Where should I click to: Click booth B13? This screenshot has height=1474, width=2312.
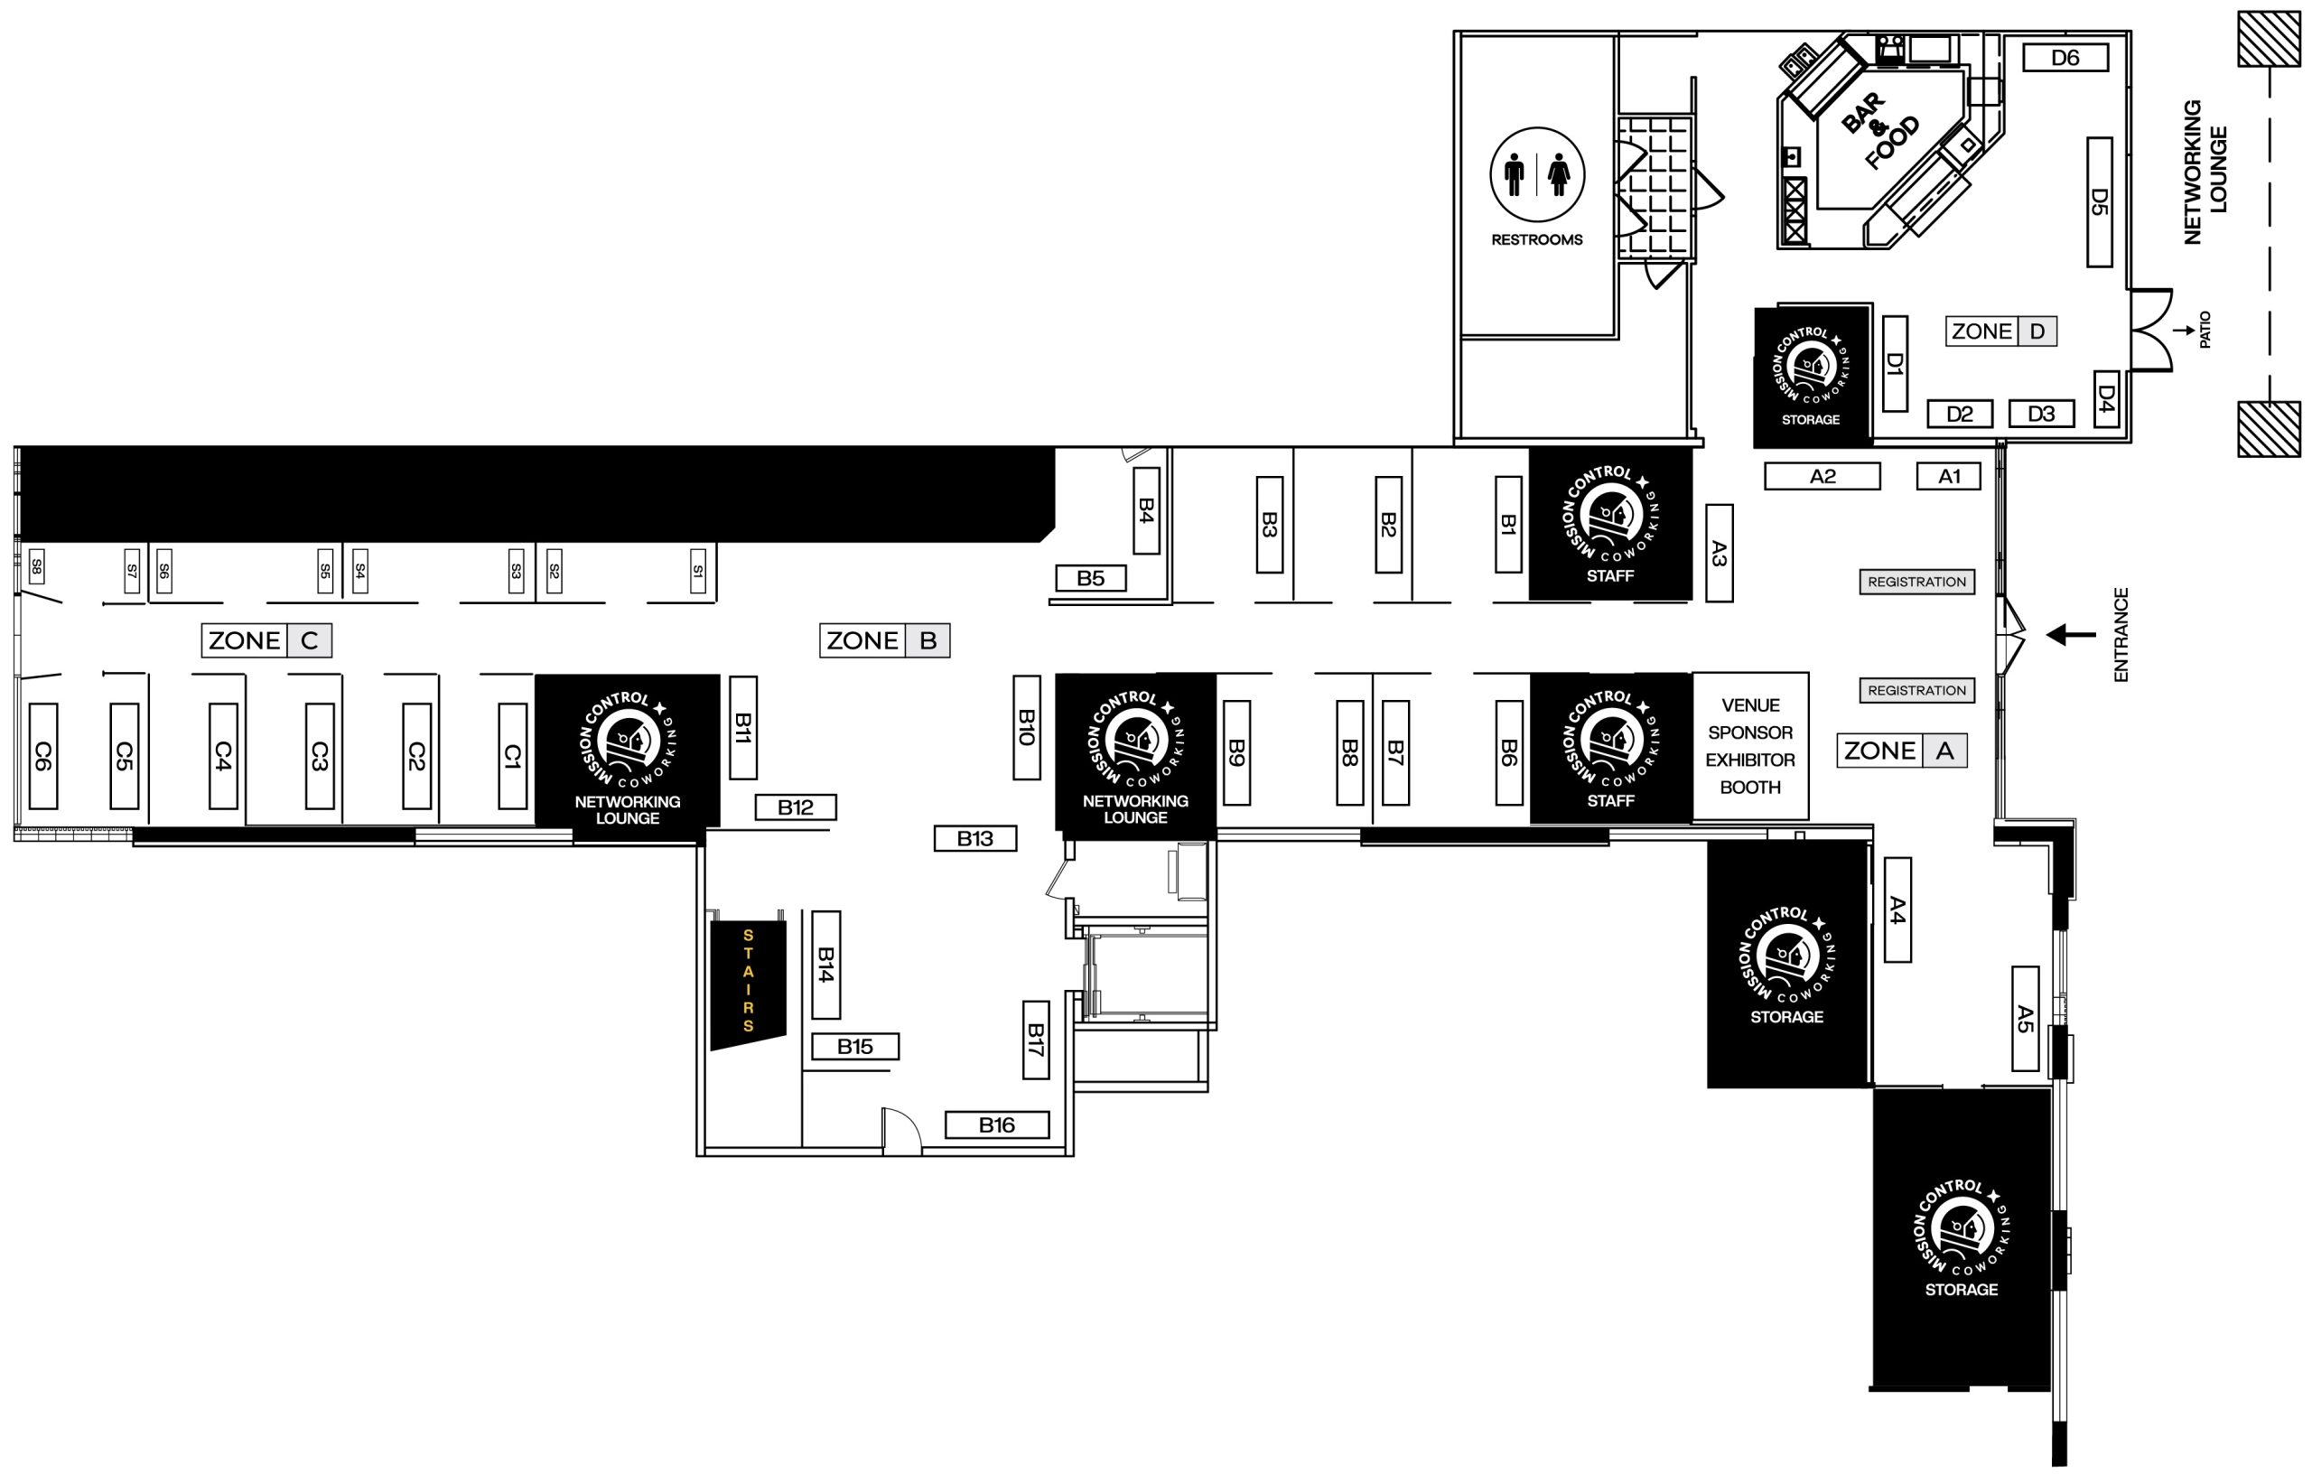[974, 838]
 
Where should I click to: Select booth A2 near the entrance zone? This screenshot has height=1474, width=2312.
[1822, 476]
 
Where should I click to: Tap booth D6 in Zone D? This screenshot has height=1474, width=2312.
[2065, 58]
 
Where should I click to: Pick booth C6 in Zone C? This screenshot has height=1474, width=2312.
[43, 756]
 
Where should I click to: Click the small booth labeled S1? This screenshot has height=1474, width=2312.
[698, 571]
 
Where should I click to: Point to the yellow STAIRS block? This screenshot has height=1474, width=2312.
[748, 983]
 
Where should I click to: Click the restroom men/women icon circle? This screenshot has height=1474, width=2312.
[1537, 175]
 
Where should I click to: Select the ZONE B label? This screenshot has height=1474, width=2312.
[884, 640]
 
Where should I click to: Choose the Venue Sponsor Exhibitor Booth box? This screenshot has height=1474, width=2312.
[1749, 746]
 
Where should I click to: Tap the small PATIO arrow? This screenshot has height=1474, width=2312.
[2184, 331]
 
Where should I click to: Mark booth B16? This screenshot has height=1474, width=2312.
[997, 1124]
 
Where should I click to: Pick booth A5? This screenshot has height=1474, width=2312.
[2025, 1019]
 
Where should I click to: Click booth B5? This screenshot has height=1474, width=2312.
[1090, 578]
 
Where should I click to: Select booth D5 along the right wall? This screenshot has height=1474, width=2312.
[2099, 201]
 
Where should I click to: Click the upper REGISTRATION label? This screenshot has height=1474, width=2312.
[1916, 582]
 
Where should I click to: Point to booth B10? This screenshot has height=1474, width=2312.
[1026, 728]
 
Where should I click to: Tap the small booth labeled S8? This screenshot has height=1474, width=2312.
[36, 567]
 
